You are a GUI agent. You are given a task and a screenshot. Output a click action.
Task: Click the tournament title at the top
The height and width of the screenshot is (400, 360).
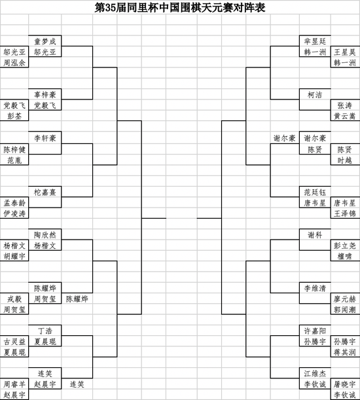pos(180,7)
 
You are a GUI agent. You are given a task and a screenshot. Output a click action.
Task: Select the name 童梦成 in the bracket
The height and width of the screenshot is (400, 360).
pos(45,41)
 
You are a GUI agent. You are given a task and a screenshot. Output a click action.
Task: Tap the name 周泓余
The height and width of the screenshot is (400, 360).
pos(14,63)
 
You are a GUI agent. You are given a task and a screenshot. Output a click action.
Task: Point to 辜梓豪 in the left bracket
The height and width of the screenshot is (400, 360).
pos(45,95)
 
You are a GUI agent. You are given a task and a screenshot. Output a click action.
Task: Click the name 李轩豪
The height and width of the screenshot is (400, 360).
pos(45,138)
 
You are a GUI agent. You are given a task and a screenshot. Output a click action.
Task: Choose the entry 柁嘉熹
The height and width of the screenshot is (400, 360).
pos(45,192)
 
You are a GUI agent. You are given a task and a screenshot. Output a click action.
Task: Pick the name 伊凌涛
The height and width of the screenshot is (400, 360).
pos(14,213)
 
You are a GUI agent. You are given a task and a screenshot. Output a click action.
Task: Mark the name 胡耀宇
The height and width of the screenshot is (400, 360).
pos(14,256)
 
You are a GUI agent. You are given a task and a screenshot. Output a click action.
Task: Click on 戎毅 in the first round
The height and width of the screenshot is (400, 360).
pos(14,299)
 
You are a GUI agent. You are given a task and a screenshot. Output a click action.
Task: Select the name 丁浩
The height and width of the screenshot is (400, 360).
pos(45,331)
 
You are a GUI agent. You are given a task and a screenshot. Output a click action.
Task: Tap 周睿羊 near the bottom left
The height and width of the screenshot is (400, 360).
pos(14,384)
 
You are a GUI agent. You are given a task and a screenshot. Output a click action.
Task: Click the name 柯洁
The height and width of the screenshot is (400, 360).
pos(315,95)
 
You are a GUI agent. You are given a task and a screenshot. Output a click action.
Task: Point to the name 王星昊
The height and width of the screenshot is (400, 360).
pos(345,52)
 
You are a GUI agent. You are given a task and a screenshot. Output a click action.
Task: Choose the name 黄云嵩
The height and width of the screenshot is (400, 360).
pos(345,116)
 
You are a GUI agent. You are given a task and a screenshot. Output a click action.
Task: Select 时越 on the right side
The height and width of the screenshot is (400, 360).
pos(345,160)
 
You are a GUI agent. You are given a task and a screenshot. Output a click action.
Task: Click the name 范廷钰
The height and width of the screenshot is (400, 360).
pos(315,192)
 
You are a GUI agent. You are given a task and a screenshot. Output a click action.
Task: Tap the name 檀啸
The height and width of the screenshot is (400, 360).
pos(345,256)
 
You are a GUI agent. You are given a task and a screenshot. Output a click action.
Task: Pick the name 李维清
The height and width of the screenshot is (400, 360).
pos(315,288)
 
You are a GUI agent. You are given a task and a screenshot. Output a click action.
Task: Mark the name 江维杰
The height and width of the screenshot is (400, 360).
pos(315,373)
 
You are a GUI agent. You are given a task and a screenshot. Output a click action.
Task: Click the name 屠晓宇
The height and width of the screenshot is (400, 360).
pos(345,384)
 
